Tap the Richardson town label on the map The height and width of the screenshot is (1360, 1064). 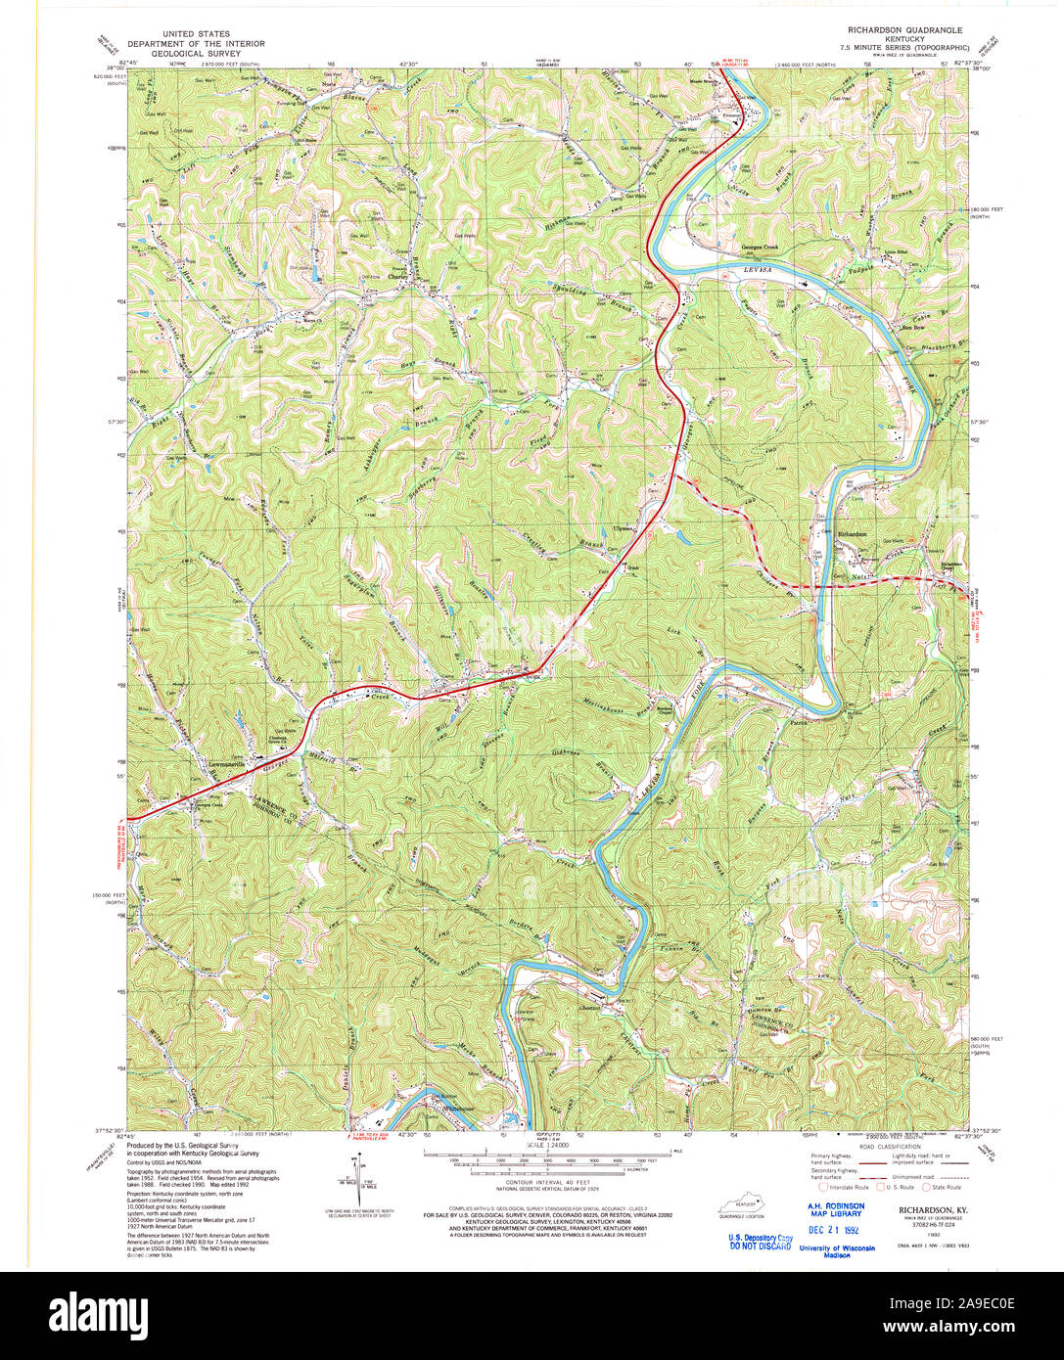click(853, 533)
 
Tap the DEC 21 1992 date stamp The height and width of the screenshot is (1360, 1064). click(833, 1230)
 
